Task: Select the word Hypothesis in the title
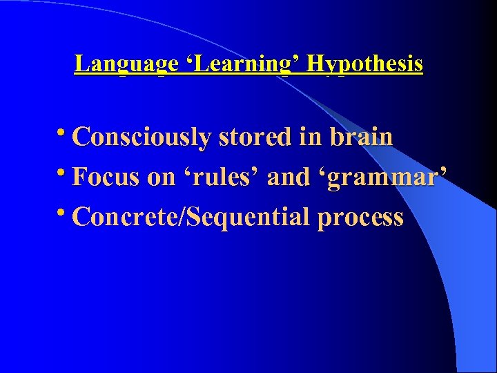tap(365, 64)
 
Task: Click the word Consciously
tap(141, 137)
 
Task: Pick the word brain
tap(361, 137)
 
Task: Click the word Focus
tap(107, 177)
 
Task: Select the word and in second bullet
tap(289, 177)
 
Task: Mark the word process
tap(360, 218)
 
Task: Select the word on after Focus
tap(162, 178)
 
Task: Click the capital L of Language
tap(81, 64)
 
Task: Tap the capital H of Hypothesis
tap(315, 64)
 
